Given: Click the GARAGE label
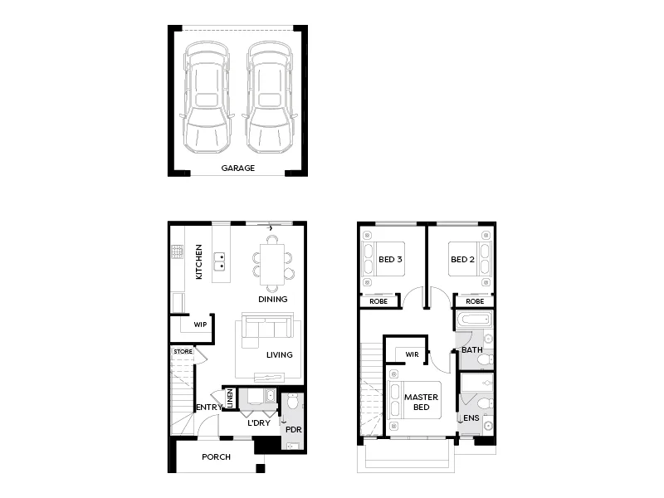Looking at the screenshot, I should [237, 168].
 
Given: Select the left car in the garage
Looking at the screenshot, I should [206, 98].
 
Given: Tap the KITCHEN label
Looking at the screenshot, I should [199, 261].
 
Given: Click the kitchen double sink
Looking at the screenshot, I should [221, 264].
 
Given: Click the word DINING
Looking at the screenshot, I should [272, 299].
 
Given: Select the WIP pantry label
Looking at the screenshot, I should [200, 325].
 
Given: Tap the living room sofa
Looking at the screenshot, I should [264, 330].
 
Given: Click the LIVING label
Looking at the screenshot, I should [279, 355].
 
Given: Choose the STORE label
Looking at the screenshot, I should [182, 352].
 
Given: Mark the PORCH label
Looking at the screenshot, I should [216, 457].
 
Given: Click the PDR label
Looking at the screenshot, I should [292, 430].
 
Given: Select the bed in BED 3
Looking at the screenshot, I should [382, 259].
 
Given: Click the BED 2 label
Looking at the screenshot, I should [461, 260].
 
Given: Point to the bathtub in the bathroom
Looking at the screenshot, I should [474, 321].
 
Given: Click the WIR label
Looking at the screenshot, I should [412, 354].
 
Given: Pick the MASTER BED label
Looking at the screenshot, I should [421, 403].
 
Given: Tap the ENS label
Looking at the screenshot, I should [471, 418].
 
